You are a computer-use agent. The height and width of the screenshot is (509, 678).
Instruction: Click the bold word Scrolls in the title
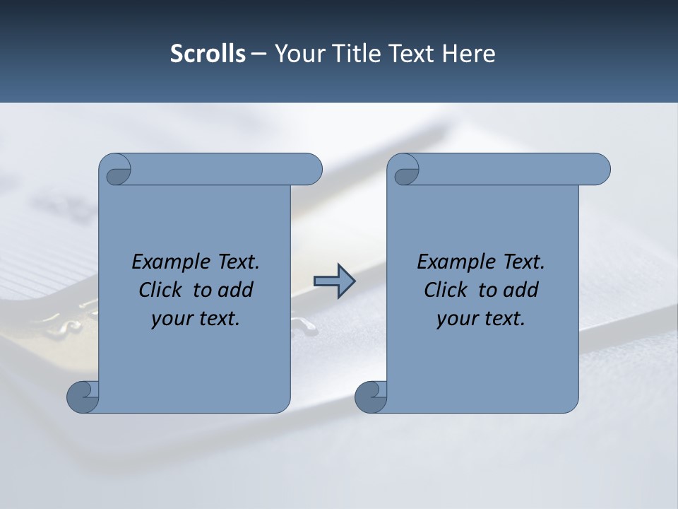pyautogui.click(x=208, y=54)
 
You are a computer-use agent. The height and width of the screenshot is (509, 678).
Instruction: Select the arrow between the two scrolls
pyautogui.click(x=334, y=281)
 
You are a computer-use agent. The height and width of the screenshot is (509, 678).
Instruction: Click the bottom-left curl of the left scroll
pyautogui.click(x=82, y=397)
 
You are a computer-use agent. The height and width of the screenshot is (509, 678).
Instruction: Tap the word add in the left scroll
pyautogui.click(x=235, y=290)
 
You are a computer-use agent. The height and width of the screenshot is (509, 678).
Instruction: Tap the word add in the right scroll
pyautogui.click(x=521, y=290)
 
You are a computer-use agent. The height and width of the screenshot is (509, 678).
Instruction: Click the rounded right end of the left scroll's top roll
pyautogui.click(x=311, y=170)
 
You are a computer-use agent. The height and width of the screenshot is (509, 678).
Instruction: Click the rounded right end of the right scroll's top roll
pyautogui.click(x=599, y=170)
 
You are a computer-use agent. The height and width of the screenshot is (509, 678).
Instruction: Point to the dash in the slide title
pyautogui.click(x=259, y=54)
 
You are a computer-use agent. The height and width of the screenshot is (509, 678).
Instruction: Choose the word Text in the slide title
pyautogui.click(x=412, y=54)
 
